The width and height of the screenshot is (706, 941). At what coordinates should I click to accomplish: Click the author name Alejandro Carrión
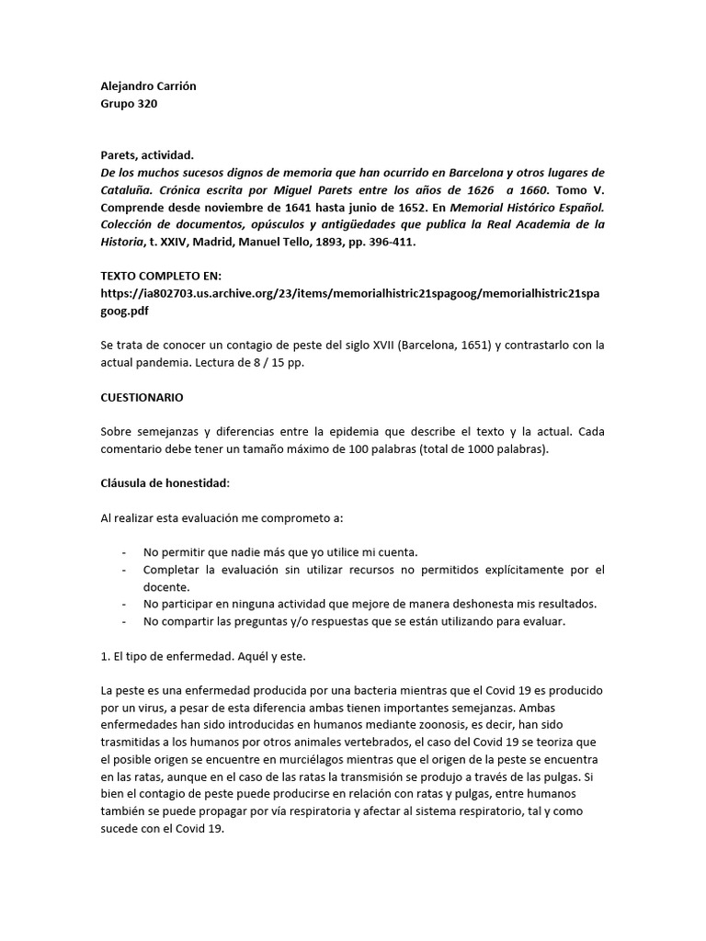click(148, 86)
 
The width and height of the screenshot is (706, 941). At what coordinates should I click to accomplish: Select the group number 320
click(142, 104)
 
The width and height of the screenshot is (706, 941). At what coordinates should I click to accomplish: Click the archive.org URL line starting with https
click(353, 293)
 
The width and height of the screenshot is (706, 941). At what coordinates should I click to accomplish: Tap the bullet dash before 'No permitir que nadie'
click(124, 552)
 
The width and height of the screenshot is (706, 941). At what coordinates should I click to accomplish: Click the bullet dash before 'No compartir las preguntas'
click(124, 621)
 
